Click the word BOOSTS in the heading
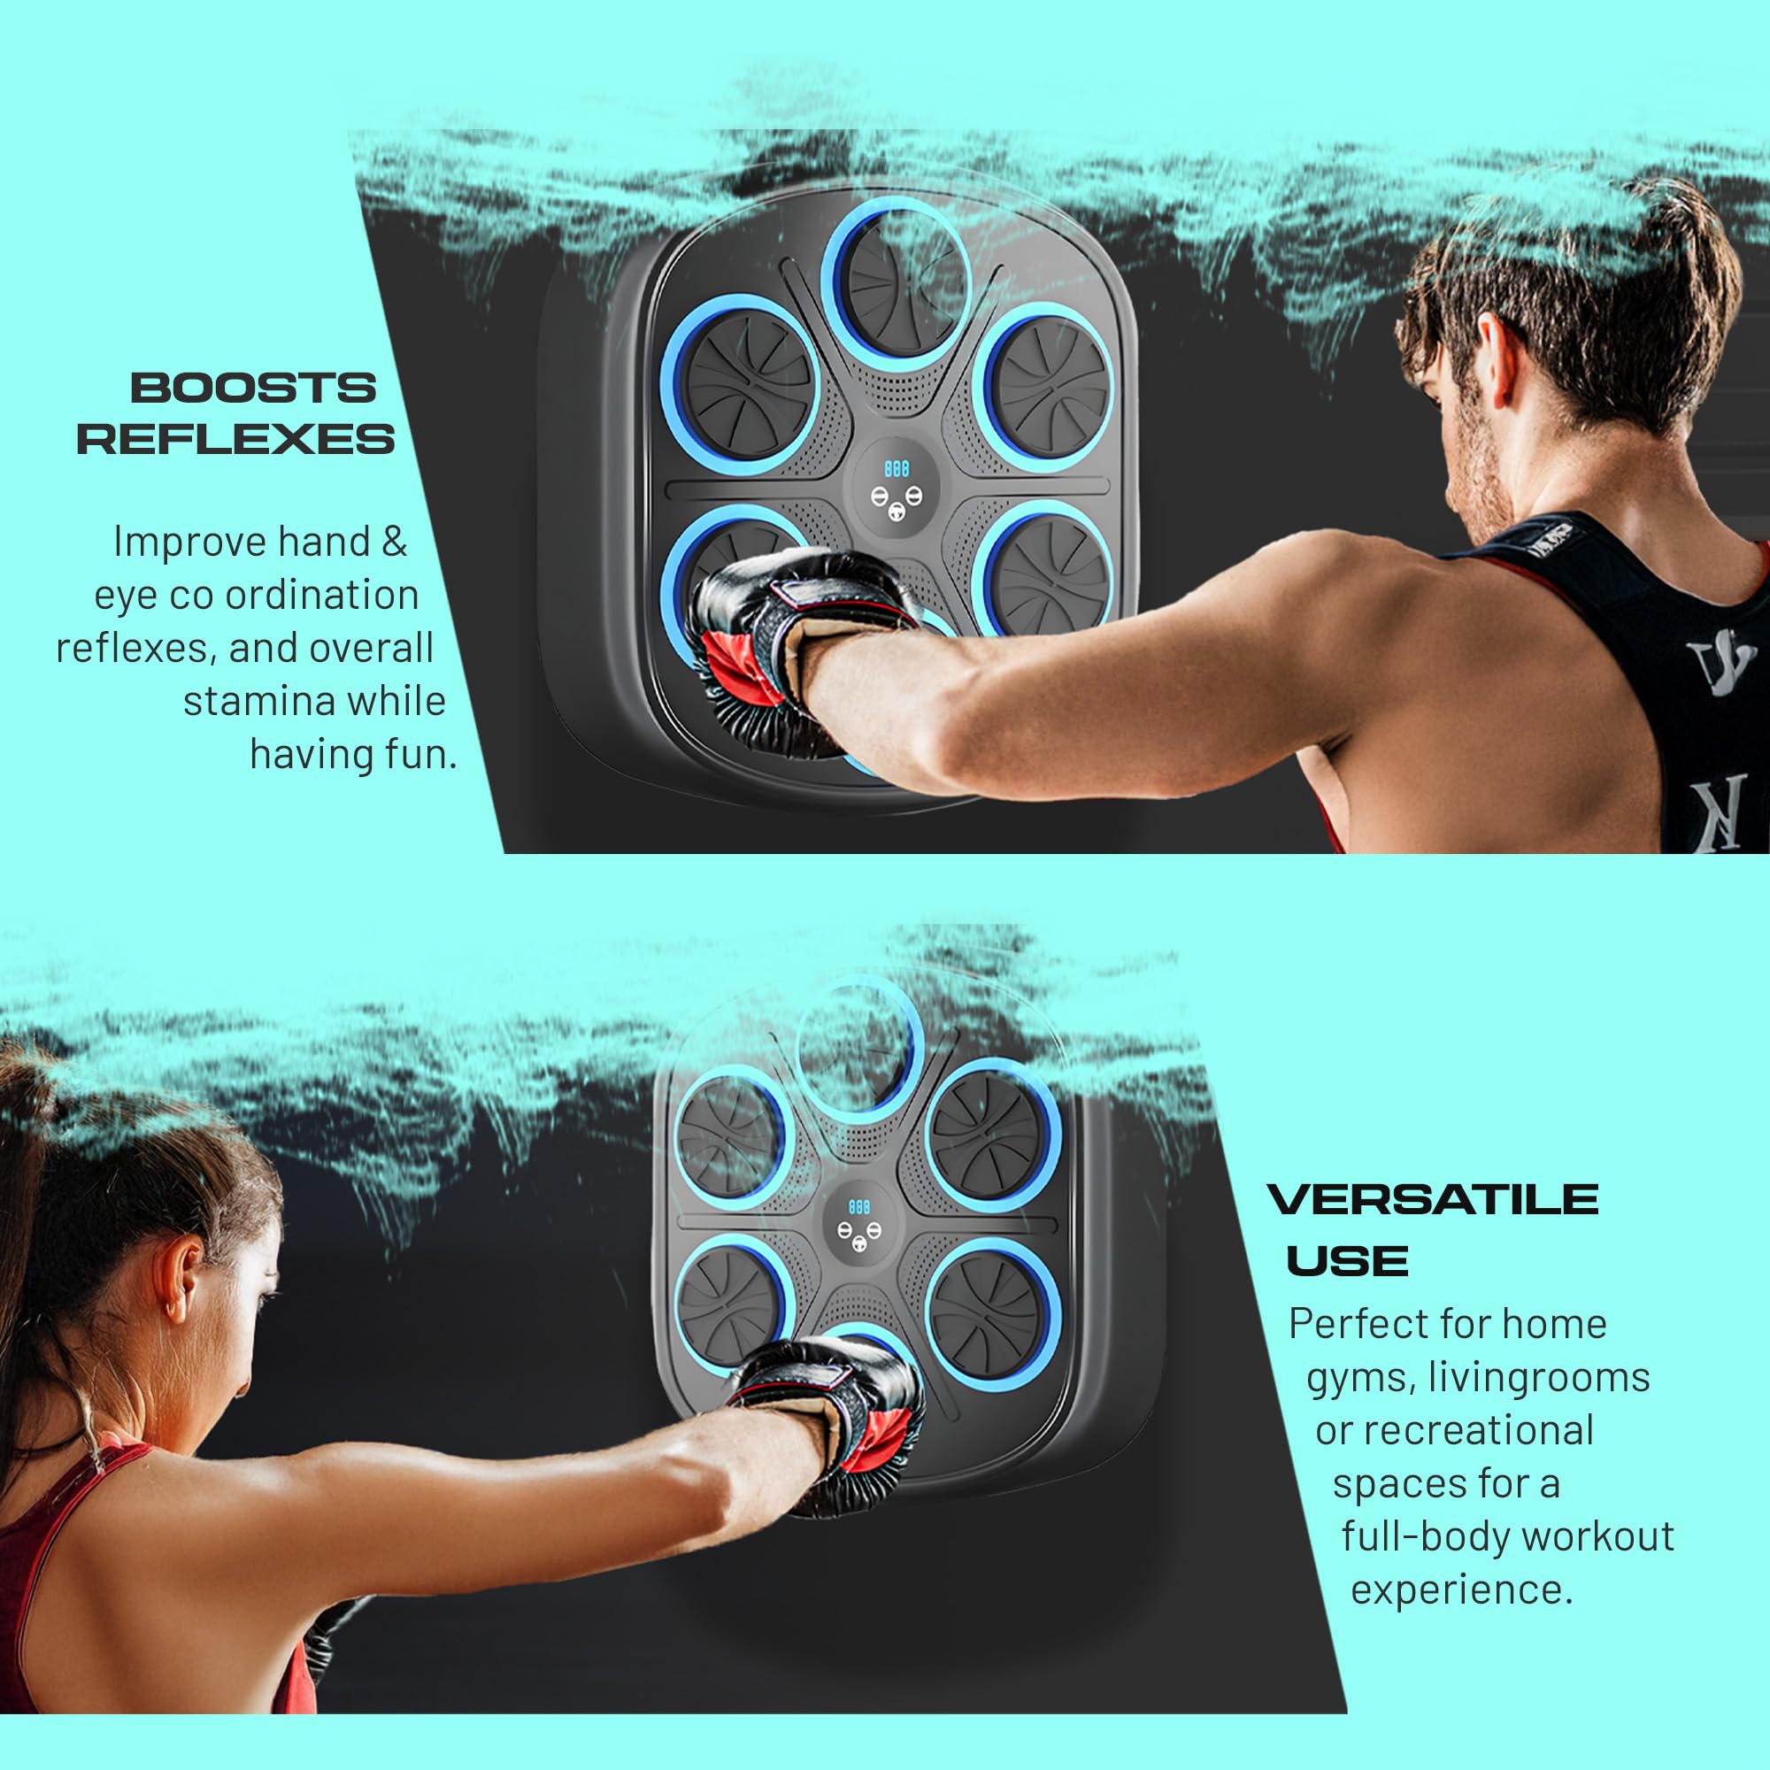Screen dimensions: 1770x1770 click(253, 389)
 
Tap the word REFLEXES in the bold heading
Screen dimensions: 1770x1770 click(235, 439)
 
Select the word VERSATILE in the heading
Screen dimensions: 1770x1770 click(1433, 1199)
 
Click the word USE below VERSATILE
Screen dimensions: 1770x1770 click(1347, 1261)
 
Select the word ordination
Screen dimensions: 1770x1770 click(322, 596)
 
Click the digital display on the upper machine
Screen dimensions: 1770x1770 click(896, 470)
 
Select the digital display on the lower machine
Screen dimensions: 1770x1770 click(858, 1206)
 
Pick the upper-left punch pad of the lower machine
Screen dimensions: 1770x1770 click(730, 1136)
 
